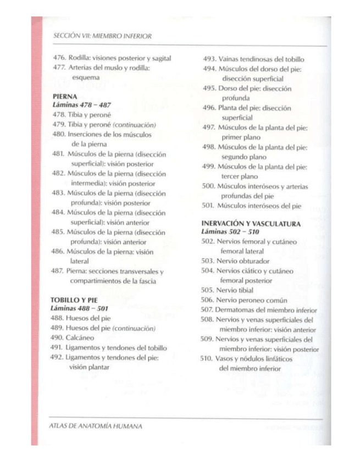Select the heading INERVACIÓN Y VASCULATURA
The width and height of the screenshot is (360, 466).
251,224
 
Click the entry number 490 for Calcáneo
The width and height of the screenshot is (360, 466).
57,338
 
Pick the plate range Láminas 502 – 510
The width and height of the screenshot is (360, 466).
228,233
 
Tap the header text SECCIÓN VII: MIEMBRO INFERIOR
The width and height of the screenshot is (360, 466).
103,36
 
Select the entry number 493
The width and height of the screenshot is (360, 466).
209,59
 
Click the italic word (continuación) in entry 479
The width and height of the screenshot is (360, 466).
134,125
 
